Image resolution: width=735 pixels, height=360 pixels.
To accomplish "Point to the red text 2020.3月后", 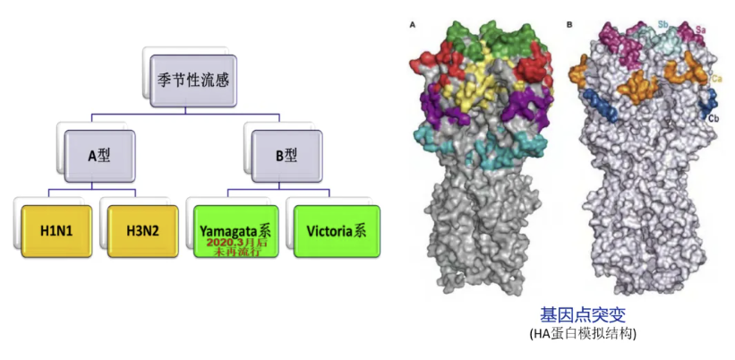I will click(235, 242).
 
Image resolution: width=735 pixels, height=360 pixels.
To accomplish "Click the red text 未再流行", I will click(235, 252).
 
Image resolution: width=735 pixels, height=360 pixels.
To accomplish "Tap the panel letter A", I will click(413, 25).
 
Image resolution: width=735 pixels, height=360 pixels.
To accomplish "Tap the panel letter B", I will click(569, 25).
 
